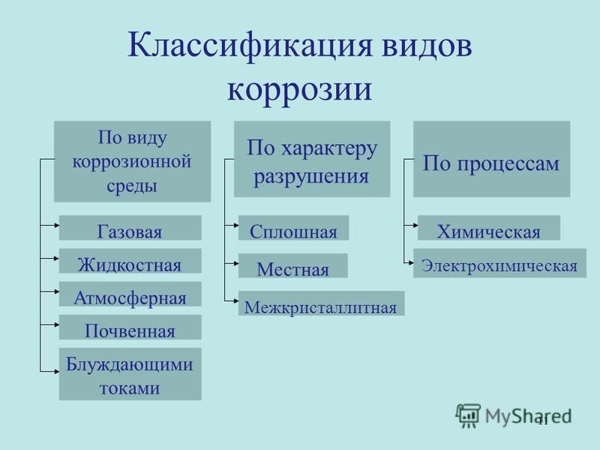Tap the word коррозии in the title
tap(299, 90)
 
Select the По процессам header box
tap(492, 159)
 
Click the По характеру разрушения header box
tap(312, 159)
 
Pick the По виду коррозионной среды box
tap(133, 161)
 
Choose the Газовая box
tap(130, 228)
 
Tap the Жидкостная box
tap(130, 260)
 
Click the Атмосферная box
tap(130, 294)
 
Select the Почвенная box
tap(130, 327)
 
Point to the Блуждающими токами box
tap(130, 373)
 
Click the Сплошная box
tap(293, 228)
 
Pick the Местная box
tap(293, 265)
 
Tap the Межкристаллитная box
tap(322, 304)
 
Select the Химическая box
tap(489, 228)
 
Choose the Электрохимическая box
tap(499, 263)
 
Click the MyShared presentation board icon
tap(468, 415)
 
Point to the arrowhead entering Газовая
tap(57, 226)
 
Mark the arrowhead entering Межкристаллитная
tap(236, 301)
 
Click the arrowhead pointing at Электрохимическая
tap(411, 263)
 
